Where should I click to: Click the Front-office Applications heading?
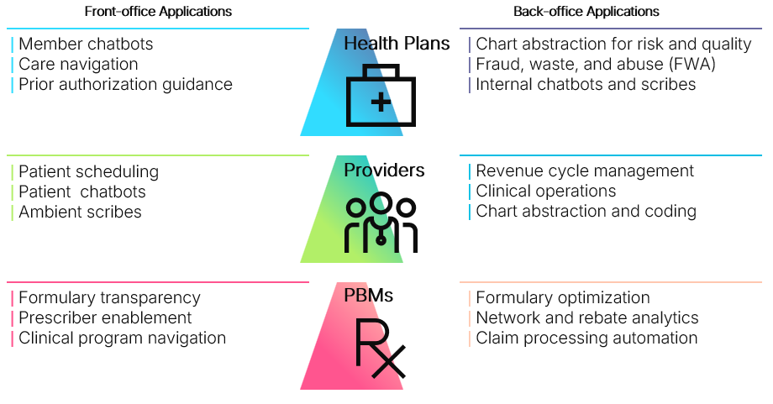pos(158,12)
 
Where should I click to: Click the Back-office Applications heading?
pos(586,12)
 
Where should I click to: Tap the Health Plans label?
pos(397,43)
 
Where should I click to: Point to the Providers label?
pos(384,171)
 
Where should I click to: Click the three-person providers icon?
pos(381,224)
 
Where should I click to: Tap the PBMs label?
pos(368,296)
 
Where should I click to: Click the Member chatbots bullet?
pos(86,44)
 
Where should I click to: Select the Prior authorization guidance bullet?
pos(125,84)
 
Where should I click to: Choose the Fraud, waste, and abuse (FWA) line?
pos(596,64)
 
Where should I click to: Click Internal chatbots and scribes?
pos(586,84)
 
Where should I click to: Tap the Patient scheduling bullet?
pos(88,171)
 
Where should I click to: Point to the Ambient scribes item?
pos(80,212)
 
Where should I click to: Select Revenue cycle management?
pos(585,171)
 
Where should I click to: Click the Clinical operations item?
pos(546,192)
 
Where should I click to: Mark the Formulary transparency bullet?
pos(109,297)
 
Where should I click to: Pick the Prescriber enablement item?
pos(105,317)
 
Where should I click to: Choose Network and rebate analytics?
pos(587,317)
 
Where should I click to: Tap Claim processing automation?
pos(586,338)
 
